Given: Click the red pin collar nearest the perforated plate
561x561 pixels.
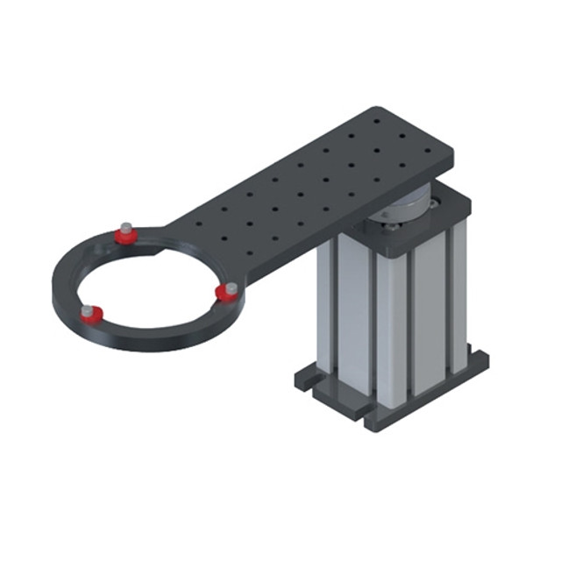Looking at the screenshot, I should point(128,234).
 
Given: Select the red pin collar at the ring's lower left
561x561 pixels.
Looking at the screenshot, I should point(91,314).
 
